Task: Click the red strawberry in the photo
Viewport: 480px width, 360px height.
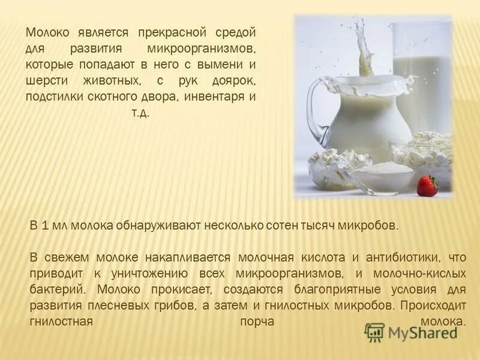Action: point(427,186)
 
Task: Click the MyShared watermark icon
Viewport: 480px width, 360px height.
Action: point(374,332)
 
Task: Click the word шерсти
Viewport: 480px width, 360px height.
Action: point(47,80)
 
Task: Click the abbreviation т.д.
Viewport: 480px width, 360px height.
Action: point(140,112)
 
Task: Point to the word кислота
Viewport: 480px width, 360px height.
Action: point(318,257)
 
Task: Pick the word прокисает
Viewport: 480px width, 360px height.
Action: point(178,289)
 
